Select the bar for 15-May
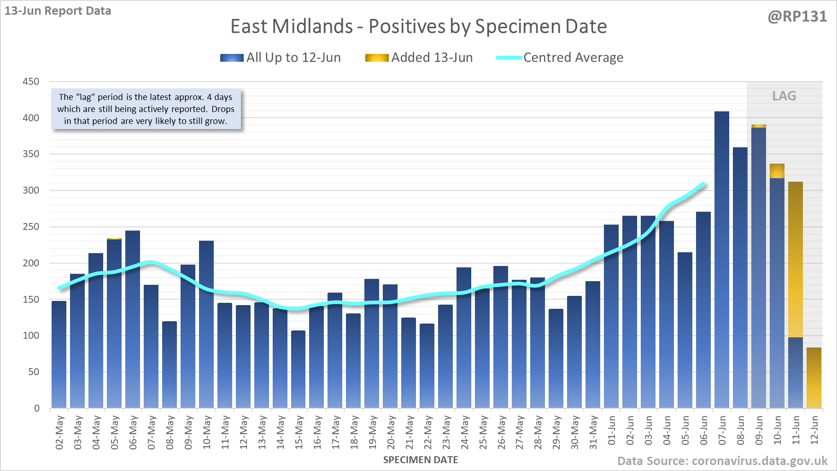click(x=299, y=369)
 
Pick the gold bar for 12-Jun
click(x=814, y=378)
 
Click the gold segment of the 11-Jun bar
click(x=796, y=259)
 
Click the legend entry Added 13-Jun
click(x=419, y=58)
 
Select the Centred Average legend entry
click(x=560, y=58)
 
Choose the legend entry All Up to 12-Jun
click(x=281, y=58)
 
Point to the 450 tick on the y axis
click(x=31, y=82)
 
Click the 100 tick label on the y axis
click(x=31, y=336)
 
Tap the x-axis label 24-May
click(x=464, y=432)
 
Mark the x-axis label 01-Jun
click(x=612, y=430)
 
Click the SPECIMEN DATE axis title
click(x=421, y=460)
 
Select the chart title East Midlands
click(x=418, y=26)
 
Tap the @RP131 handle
click(x=797, y=17)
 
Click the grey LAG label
click(x=784, y=96)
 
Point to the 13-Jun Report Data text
click(x=58, y=11)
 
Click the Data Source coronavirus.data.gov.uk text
click(x=722, y=461)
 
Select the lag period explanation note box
click(x=146, y=109)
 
